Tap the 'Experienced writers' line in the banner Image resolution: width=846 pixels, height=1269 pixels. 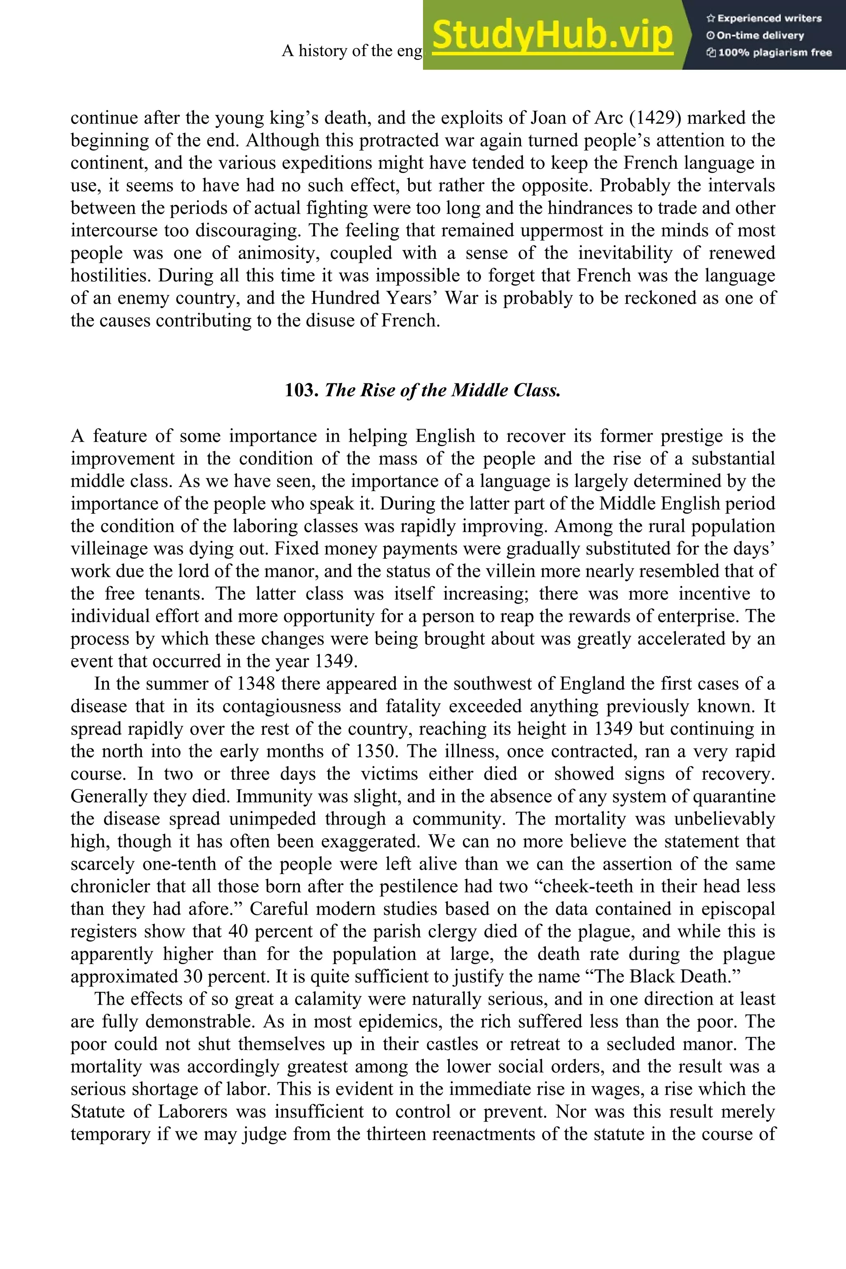pos(764,18)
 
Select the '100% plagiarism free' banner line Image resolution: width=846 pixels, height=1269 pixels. pos(769,53)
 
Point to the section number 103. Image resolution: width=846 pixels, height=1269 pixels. pos(302,390)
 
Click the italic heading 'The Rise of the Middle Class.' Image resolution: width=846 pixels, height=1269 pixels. pos(442,390)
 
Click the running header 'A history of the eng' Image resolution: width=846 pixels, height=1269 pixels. pos(352,51)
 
